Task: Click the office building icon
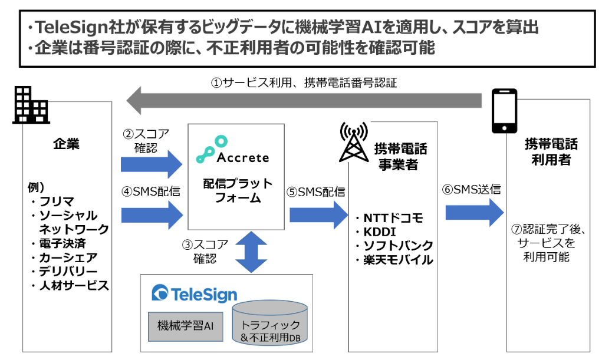point(30,105)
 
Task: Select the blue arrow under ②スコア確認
point(152,164)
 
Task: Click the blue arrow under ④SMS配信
point(152,214)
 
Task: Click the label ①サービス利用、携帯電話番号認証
point(304,82)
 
